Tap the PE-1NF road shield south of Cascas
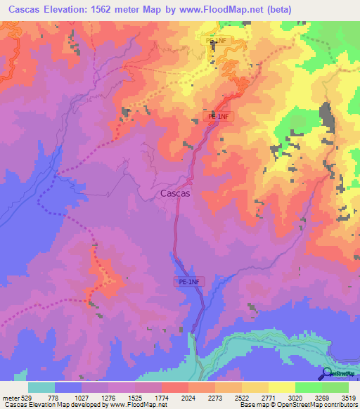click(x=189, y=281)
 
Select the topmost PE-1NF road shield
click(x=217, y=41)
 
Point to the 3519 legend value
click(x=347, y=397)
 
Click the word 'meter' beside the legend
click(x=11, y=397)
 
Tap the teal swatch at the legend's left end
click(x=41, y=387)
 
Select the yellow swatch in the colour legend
click(x=281, y=387)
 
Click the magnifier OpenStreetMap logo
click(x=328, y=374)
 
